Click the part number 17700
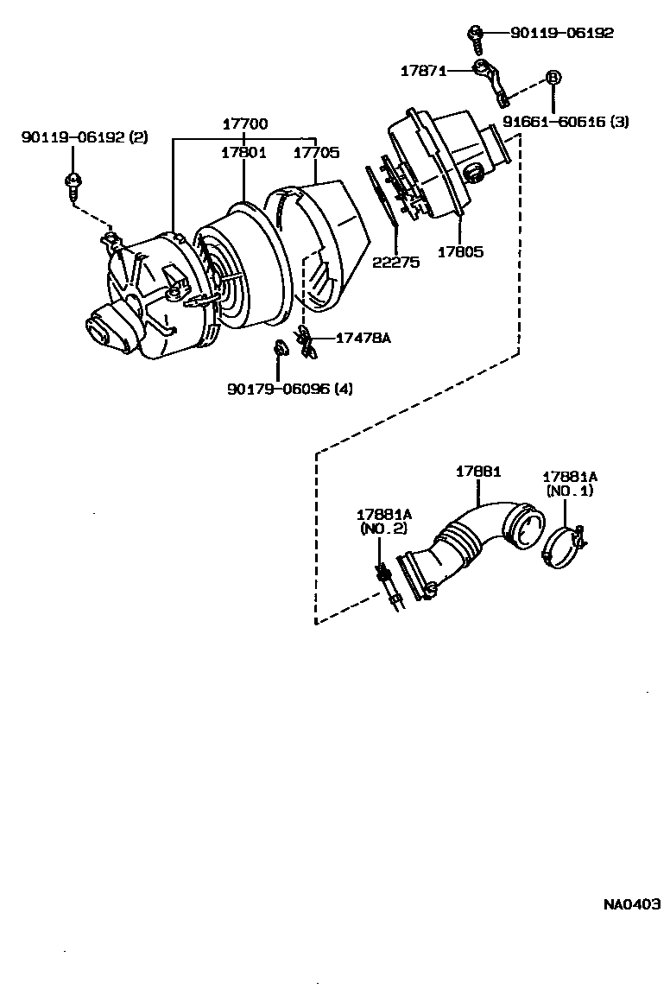(x=243, y=124)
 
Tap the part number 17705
(x=316, y=153)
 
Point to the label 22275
(x=396, y=262)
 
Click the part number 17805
(x=460, y=252)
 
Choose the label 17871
(x=422, y=71)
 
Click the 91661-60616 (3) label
(x=566, y=123)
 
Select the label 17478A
(x=363, y=338)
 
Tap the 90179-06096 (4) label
(x=290, y=389)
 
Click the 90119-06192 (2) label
(x=85, y=137)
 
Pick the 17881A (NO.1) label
(x=569, y=483)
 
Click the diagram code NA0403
(x=631, y=904)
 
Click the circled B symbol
(x=553, y=77)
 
